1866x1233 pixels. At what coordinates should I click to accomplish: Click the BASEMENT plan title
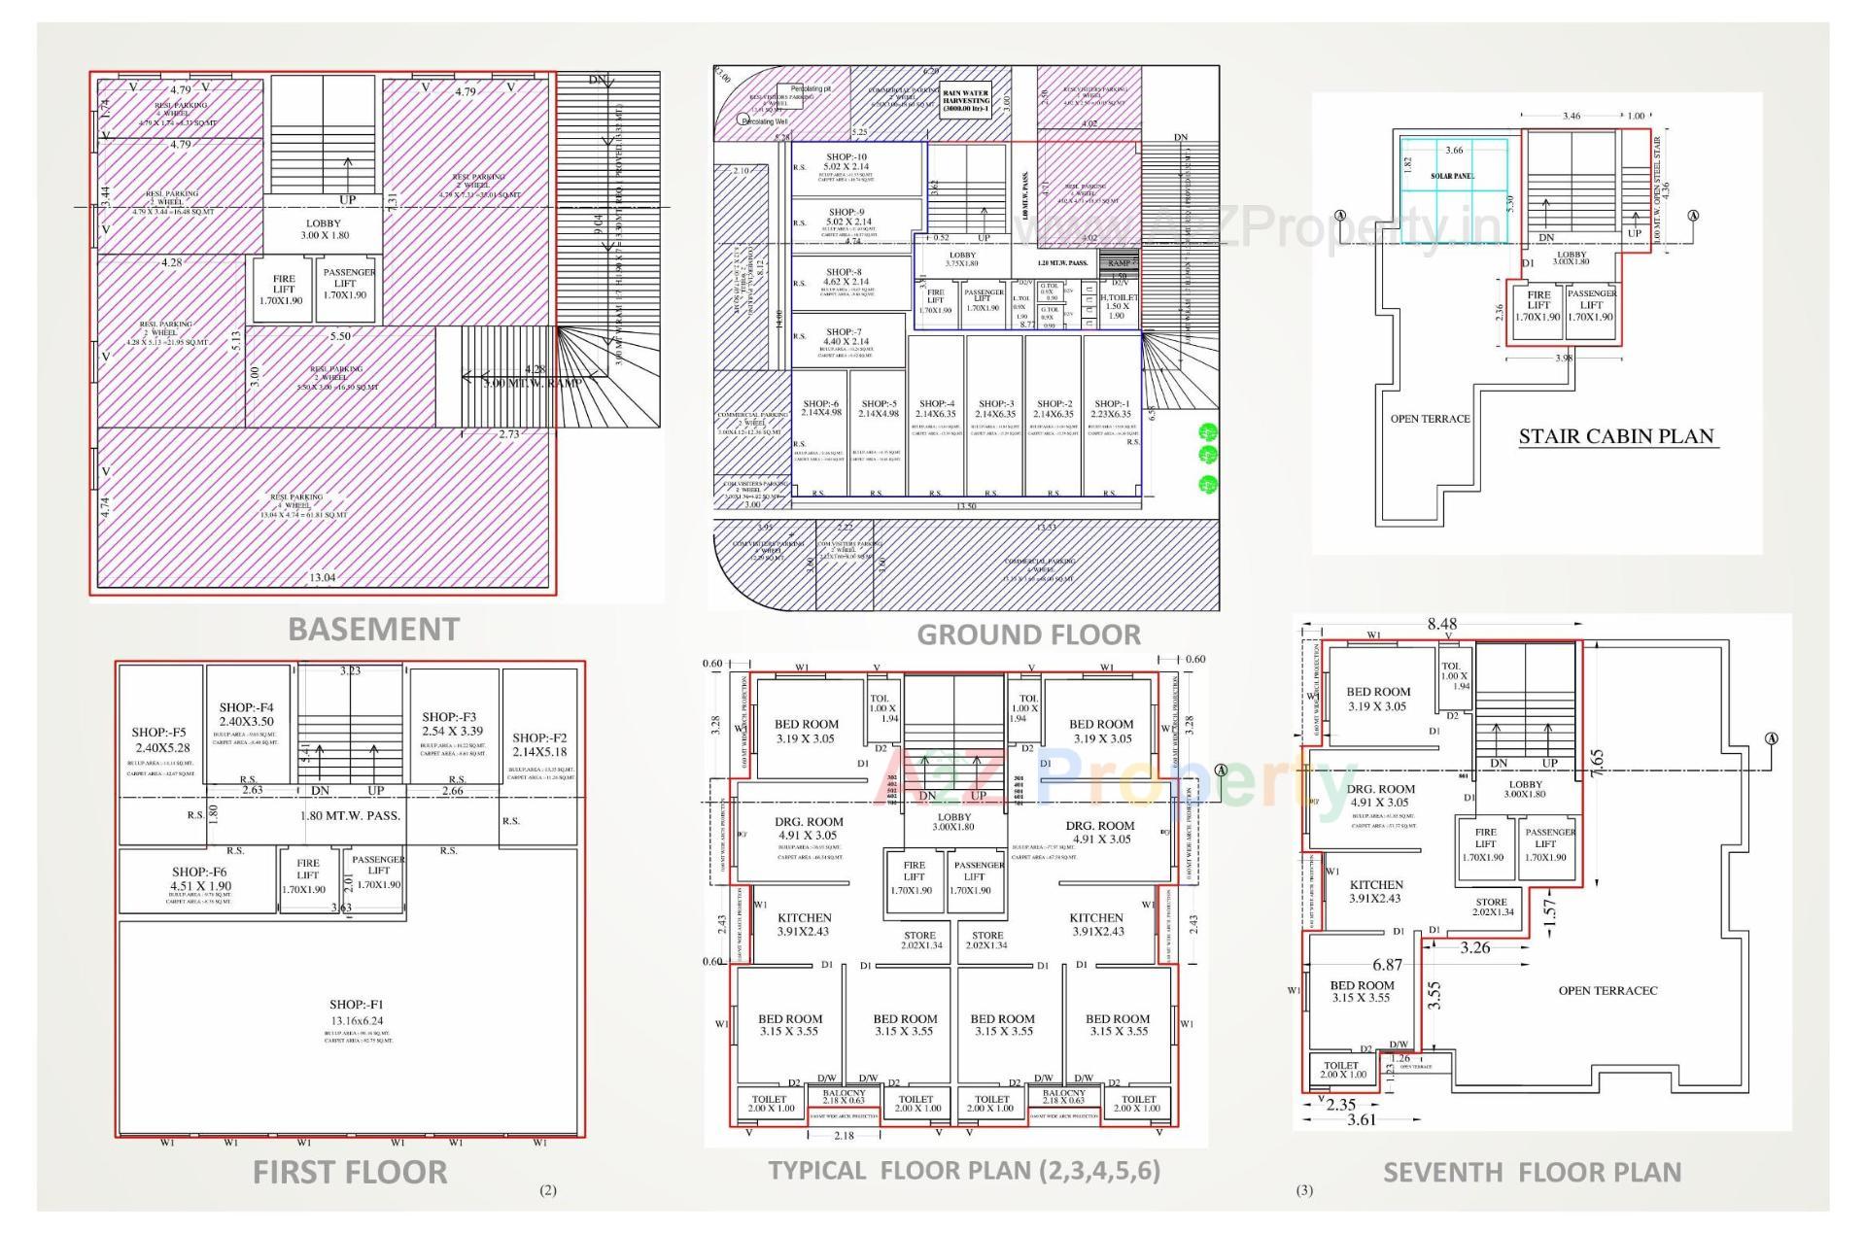pyautogui.click(x=373, y=630)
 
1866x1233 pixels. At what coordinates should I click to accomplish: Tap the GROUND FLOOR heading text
pyautogui.click(x=1028, y=634)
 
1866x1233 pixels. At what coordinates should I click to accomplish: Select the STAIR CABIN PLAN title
pyautogui.click(x=1616, y=436)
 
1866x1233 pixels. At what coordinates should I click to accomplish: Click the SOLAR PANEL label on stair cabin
pyautogui.click(x=1452, y=176)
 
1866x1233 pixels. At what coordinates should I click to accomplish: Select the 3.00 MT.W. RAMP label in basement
pyautogui.click(x=533, y=383)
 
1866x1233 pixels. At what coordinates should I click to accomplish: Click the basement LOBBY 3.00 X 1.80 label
pyautogui.click(x=324, y=229)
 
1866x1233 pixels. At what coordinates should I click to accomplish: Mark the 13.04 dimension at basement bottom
pyautogui.click(x=323, y=577)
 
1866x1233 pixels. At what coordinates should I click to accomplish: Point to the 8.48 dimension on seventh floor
pyautogui.click(x=1441, y=625)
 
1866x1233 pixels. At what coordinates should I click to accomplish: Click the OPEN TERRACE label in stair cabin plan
pyautogui.click(x=1430, y=419)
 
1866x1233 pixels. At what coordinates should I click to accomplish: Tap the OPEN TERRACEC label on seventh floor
pyautogui.click(x=1607, y=990)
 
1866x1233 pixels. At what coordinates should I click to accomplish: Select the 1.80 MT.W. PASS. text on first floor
pyautogui.click(x=350, y=815)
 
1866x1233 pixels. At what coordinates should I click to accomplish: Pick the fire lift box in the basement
pyautogui.click(x=283, y=289)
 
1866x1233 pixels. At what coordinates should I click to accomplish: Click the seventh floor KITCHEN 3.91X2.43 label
pyautogui.click(x=1376, y=891)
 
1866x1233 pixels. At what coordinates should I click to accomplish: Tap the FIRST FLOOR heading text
pyautogui.click(x=350, y=1172)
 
